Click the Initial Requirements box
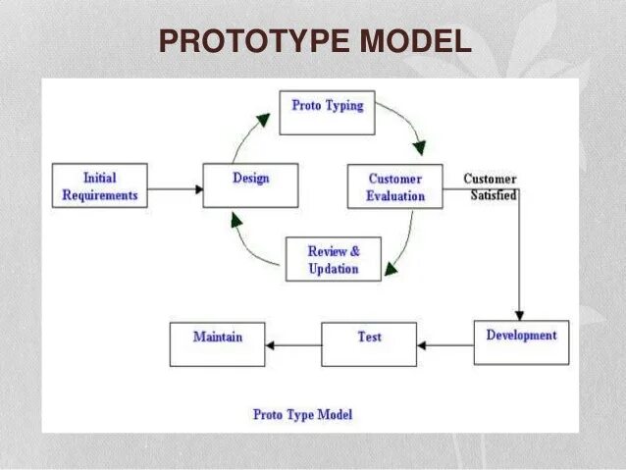pos(99,185)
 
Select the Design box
pos(250,185)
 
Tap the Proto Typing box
pos(327,113)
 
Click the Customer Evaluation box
pos(395,186)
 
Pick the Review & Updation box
pos(333,259)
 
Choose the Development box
pos(521,342)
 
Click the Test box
pos(369,343)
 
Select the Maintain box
pos(217,344)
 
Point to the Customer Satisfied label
pos(490,186)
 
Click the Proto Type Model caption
pos(302,414)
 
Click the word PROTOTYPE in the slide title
pos(254,41)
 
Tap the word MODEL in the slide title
pos(414,41)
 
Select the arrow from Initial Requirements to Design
pos(175,187)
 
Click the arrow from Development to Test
pos(444,345)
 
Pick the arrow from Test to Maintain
pos(293,345)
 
